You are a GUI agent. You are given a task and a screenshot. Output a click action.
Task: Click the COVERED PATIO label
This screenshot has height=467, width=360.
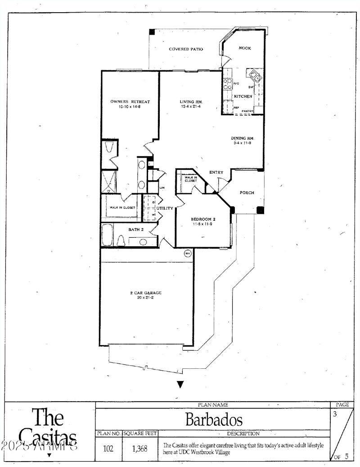pyautogui.click(x=185, y=49)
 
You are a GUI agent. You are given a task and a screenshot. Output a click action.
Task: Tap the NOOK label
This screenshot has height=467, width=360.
pyautogui.click(x=245, y=48)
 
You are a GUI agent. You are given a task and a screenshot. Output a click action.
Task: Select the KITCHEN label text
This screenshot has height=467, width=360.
pyautogui.click(x=243, y=96)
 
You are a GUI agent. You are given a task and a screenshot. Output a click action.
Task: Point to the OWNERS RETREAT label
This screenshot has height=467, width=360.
pyautogui.click(x=130, y=102)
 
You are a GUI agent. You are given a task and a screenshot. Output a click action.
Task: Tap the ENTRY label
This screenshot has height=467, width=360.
pyautogui.click(x=216, y=172)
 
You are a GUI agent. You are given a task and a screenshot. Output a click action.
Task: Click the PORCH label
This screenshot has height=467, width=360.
pyautogui.click(x=247, y=193)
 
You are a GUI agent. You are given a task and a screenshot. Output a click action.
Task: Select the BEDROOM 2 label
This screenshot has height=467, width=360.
pyautogui.click(x=203, y=219)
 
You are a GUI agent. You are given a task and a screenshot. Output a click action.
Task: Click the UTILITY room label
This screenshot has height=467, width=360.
pyautogui.click(x=165, y=209)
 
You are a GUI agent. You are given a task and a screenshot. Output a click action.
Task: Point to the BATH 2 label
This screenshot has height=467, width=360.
pyautogui.click(x=135, y=230)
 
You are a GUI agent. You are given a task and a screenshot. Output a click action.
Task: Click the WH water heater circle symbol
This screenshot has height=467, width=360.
pyautogui.click(x=187, y=254)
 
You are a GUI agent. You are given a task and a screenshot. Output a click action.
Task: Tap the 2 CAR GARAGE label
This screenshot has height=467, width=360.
pyautogui.click(x=143, y=293)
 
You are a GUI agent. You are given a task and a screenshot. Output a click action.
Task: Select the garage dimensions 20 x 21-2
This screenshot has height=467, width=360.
pyautogui.click(x=143, y=298)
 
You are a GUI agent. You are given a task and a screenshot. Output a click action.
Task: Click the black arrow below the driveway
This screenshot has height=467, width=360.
pyautogui.click(x=180, y=384)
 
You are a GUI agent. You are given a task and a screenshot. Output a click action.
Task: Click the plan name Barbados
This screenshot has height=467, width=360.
pyautogui.click(x=214, y=420)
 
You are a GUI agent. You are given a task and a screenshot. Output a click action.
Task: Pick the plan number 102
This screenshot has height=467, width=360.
pyautogui.click(x=108, y=449)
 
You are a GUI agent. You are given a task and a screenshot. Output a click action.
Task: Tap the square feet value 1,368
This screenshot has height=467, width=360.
pyautogui.click(x=139, y=449)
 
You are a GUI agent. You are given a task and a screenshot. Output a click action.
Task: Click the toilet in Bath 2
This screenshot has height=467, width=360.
pyautogui.click(x=121, y=241)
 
